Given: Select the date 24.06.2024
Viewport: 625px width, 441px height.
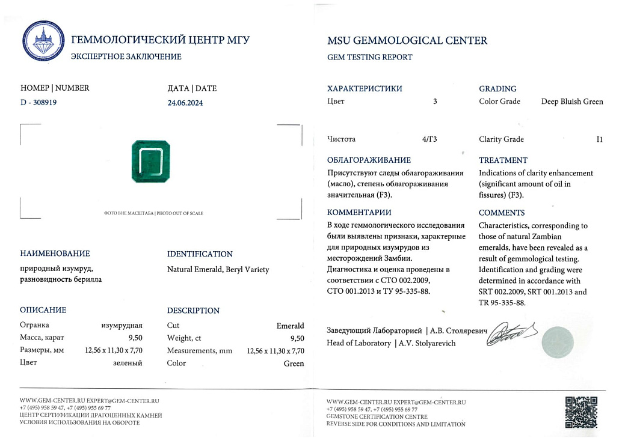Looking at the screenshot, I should click(x=185, y=103).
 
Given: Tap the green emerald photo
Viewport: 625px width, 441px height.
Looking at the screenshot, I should click(x=151, y=162).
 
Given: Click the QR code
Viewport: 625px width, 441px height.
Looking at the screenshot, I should click(x=581, y=412).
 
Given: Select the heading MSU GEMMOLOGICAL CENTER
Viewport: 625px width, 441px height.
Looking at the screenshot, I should click(x=407, y=41).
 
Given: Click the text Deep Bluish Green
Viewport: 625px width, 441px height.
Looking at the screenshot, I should click(x=572, y=102).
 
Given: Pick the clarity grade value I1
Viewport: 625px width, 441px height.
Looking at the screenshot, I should click(x=599, y=139).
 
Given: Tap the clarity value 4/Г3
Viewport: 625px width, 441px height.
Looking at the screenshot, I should click(x=429, y=139).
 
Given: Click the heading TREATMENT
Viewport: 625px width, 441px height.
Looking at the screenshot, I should click(x=503, y=160).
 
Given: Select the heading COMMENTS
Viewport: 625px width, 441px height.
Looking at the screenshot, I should click(x=502, y=213).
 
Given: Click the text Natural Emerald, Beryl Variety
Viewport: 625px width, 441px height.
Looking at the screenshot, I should click(x=218, y=270).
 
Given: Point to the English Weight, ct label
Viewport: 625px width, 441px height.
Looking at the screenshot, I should click(x=188, y=338).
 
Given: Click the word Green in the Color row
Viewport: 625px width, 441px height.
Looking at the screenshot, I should click(x=294, y=363).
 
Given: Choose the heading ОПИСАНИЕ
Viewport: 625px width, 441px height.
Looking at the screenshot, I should click(x=43, y=310).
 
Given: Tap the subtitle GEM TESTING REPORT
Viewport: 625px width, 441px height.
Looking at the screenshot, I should click(x=370, y=57).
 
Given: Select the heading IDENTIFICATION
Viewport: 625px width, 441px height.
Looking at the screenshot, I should click(x=200, y=254).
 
